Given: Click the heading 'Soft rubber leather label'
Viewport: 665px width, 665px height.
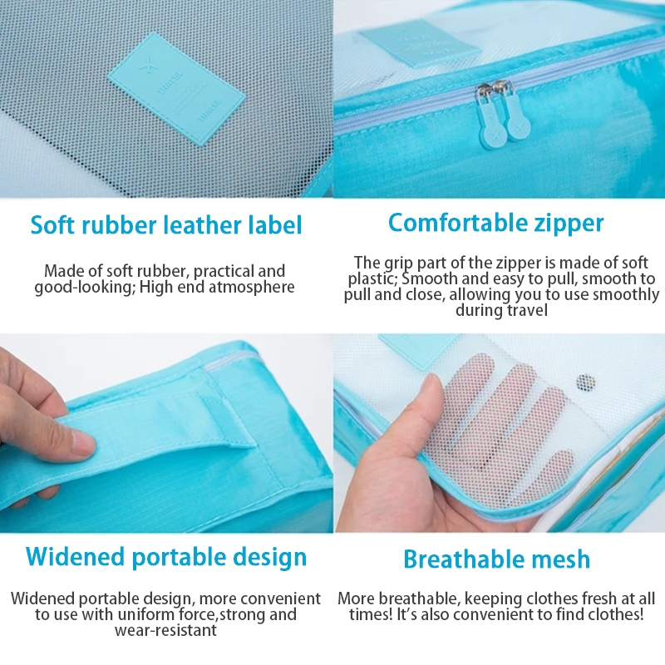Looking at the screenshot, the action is (x=166, y=224).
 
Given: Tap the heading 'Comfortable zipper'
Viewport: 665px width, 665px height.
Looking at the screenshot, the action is (x=495, y=223).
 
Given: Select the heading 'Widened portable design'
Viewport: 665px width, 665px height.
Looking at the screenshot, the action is (x=166, y=557).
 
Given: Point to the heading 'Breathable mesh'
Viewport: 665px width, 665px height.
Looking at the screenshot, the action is (x=496, y=559).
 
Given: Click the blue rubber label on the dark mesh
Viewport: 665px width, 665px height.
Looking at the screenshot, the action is (x=176, y=89).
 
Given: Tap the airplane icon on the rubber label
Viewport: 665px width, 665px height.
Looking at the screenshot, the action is (x=146, y=68).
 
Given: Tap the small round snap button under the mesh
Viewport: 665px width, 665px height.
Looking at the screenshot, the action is (x=585, y=383).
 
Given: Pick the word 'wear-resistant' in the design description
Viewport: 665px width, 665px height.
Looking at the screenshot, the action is (x=165, y=630).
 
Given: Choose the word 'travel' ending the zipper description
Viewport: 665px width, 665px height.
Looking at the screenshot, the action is (x=526, y=310).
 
